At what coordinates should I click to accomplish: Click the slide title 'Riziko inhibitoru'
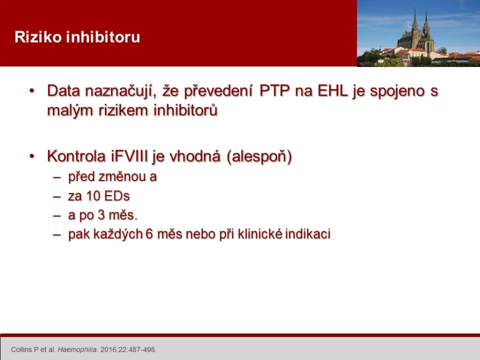tap(77, 37)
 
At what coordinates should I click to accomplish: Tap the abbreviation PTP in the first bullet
tap(274, 90)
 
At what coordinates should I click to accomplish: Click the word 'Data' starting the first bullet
tap(63, 90)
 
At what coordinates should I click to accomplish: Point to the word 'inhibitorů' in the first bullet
tap(186, 110)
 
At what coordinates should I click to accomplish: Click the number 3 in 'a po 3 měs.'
tap(101, 215)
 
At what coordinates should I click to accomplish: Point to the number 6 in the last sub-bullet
tap(149, 234)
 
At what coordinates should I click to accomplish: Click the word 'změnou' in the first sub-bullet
tap(123, 177)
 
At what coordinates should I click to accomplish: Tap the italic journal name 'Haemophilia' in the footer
tap(77, 350)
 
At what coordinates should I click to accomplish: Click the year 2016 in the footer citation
tap(108, 350)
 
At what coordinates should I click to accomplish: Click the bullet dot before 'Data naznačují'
tap(32, 91)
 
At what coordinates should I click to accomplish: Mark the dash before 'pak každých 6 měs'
tap(57, 235)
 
